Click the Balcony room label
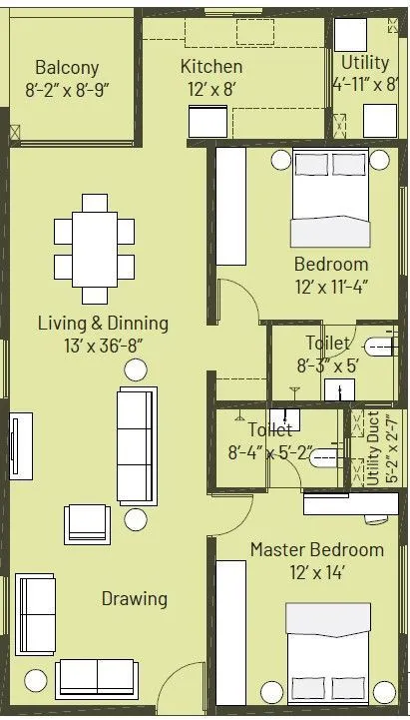[67, 68]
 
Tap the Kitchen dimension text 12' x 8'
[210, 87]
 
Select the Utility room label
[365, 63]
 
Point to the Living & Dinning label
[103, 324]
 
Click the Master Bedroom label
[316, 550]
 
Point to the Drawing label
[134, 599]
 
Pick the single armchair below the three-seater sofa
[87, 523]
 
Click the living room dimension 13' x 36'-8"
[103, 346]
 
